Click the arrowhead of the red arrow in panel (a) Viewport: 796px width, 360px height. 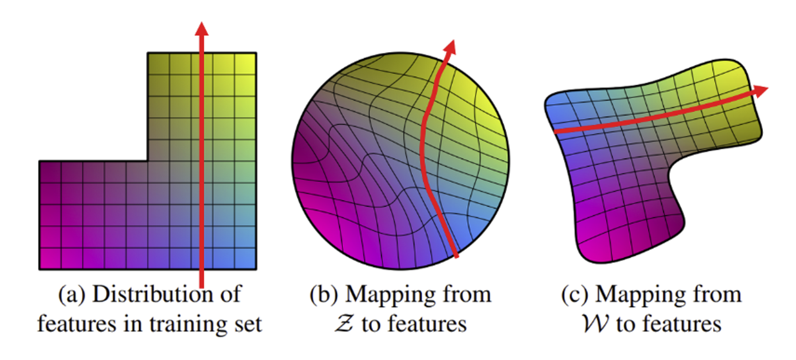coord(202,29)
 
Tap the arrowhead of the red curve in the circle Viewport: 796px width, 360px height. coord(450,48)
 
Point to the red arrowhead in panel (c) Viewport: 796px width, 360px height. coord(760,91)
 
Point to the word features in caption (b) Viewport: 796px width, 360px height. coord(427,323)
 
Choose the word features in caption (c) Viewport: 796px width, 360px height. coord(682,323)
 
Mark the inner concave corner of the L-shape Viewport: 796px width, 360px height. coord(148,161)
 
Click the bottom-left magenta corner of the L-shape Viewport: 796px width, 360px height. coord(39,269)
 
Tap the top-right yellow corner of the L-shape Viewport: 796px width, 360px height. coord(256,53)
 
